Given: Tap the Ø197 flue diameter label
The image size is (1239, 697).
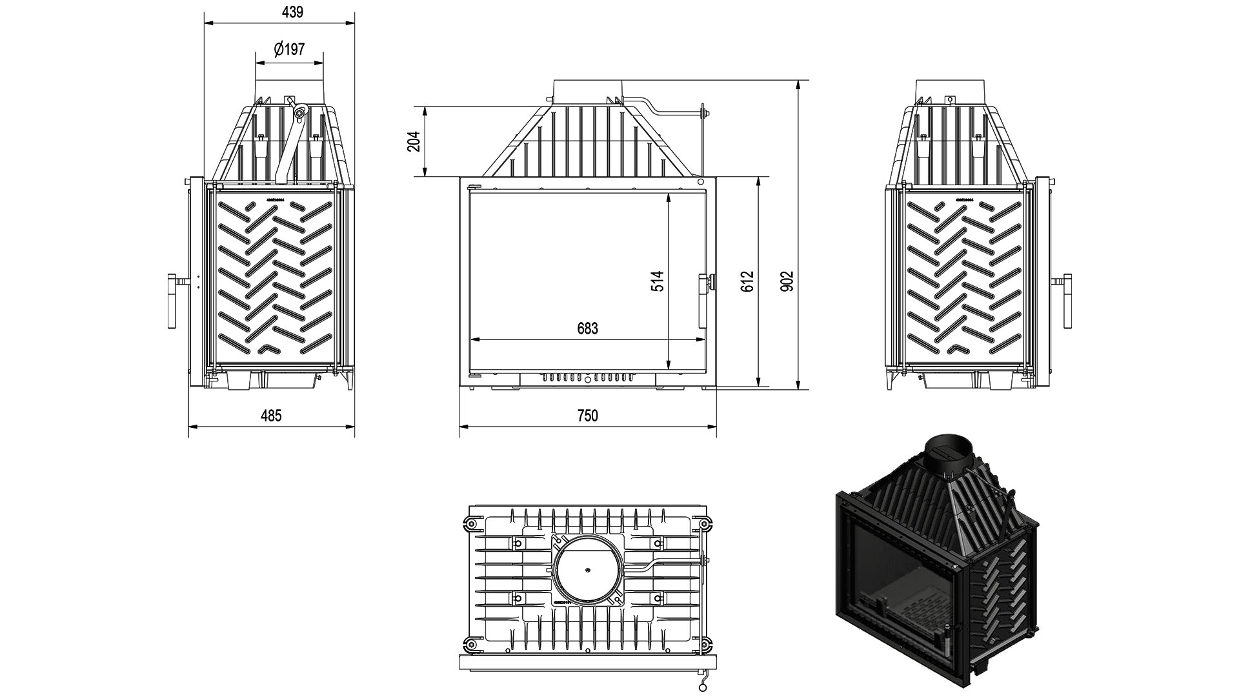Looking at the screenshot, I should pyautogui.click(x=289, y=50).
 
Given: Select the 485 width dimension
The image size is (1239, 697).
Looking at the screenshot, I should pyautogui.click(x=271, y=415).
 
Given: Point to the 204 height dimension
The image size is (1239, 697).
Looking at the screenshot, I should pyautogui.click(x=414, y=141).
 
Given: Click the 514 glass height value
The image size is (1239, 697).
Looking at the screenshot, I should pyautogui.click(x=657, y=281).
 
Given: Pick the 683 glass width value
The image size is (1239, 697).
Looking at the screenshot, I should pyautogui.click(x=587, y=328).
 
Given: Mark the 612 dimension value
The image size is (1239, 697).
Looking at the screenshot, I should pyautogui.click(x=747, y=281).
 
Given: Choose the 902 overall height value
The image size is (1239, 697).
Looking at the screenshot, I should pyautogui.click(x=787, y=281).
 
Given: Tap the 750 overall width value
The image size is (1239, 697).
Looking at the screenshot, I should pyautogui.click(x=587, y=415).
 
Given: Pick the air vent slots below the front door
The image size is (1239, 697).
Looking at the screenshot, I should pyautogui.click(x=587, y=377).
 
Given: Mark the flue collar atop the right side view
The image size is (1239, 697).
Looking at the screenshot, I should pyautogui.click(x=951, y=91).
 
